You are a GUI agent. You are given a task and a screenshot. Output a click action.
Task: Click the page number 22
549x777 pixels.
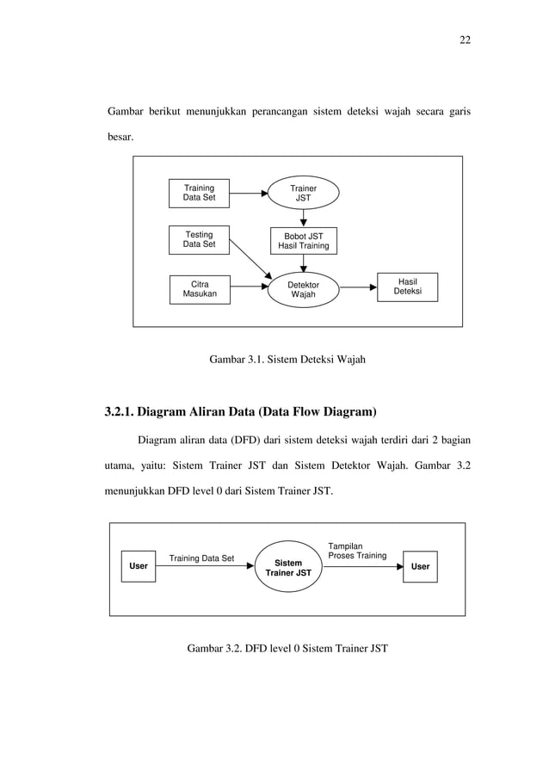pos(465,40)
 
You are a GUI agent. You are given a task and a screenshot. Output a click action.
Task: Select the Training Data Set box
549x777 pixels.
pos(199,194)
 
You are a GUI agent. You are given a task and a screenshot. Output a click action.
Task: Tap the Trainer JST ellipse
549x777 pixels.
pos(303,194)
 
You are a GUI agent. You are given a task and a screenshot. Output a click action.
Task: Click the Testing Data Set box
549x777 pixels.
pos(199,239)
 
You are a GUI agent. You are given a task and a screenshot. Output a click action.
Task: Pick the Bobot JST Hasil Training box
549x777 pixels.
pos(303,240)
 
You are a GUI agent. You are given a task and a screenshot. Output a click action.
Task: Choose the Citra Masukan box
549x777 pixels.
pos(199,290)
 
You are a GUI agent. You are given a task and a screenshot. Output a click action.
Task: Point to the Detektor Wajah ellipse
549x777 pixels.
pos(303,290)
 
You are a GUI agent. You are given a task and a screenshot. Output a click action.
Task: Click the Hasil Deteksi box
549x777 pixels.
pos(407,287)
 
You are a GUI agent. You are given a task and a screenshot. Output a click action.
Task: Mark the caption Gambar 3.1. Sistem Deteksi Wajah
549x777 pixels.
pos(287,359)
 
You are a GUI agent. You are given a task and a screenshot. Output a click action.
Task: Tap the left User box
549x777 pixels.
pos(138,567)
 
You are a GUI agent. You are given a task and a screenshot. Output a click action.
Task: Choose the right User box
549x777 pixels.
pos(420,567)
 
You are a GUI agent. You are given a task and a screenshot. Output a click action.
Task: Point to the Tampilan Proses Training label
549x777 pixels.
pos(356,551)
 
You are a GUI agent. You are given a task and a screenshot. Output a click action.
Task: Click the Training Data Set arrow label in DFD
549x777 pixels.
pos(201,558)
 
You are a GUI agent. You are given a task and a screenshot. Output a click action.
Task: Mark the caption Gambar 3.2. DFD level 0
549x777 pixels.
pos(287,647)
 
